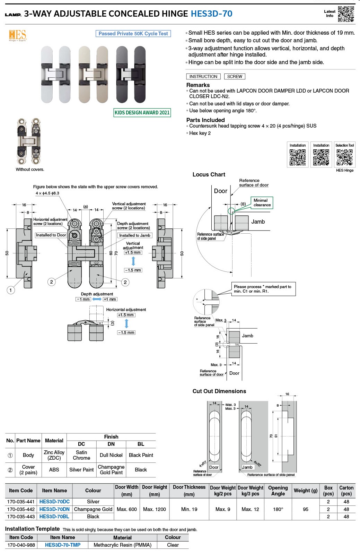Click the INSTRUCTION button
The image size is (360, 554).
pos(203,77)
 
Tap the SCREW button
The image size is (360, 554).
pos(235,77)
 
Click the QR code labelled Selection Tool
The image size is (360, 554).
pos(344,157)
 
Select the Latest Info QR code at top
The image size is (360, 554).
pos(346,14)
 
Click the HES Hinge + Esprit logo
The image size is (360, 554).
pos(17,35)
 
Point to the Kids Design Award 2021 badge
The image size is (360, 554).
pos(142,113)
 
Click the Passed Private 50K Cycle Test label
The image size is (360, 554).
pos(133,34)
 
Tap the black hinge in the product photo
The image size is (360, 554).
pos(131,75)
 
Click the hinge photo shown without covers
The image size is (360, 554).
pos(28,141)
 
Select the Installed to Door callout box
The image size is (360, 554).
pos(51,235)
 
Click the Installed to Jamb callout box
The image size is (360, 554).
pos(135,235)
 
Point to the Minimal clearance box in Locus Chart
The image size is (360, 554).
pos(262,203)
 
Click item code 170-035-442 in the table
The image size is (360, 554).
pos(21,509)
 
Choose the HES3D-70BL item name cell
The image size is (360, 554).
pos(54,517)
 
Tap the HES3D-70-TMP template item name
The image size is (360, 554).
pos(63,545)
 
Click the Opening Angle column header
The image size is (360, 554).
pos(278,491)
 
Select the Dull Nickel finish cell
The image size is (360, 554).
pos(111,455)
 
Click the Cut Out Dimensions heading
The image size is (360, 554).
pos(219,391)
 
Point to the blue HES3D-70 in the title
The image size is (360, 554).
pos(211,14)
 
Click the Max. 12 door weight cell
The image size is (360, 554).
pos(250,509)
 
